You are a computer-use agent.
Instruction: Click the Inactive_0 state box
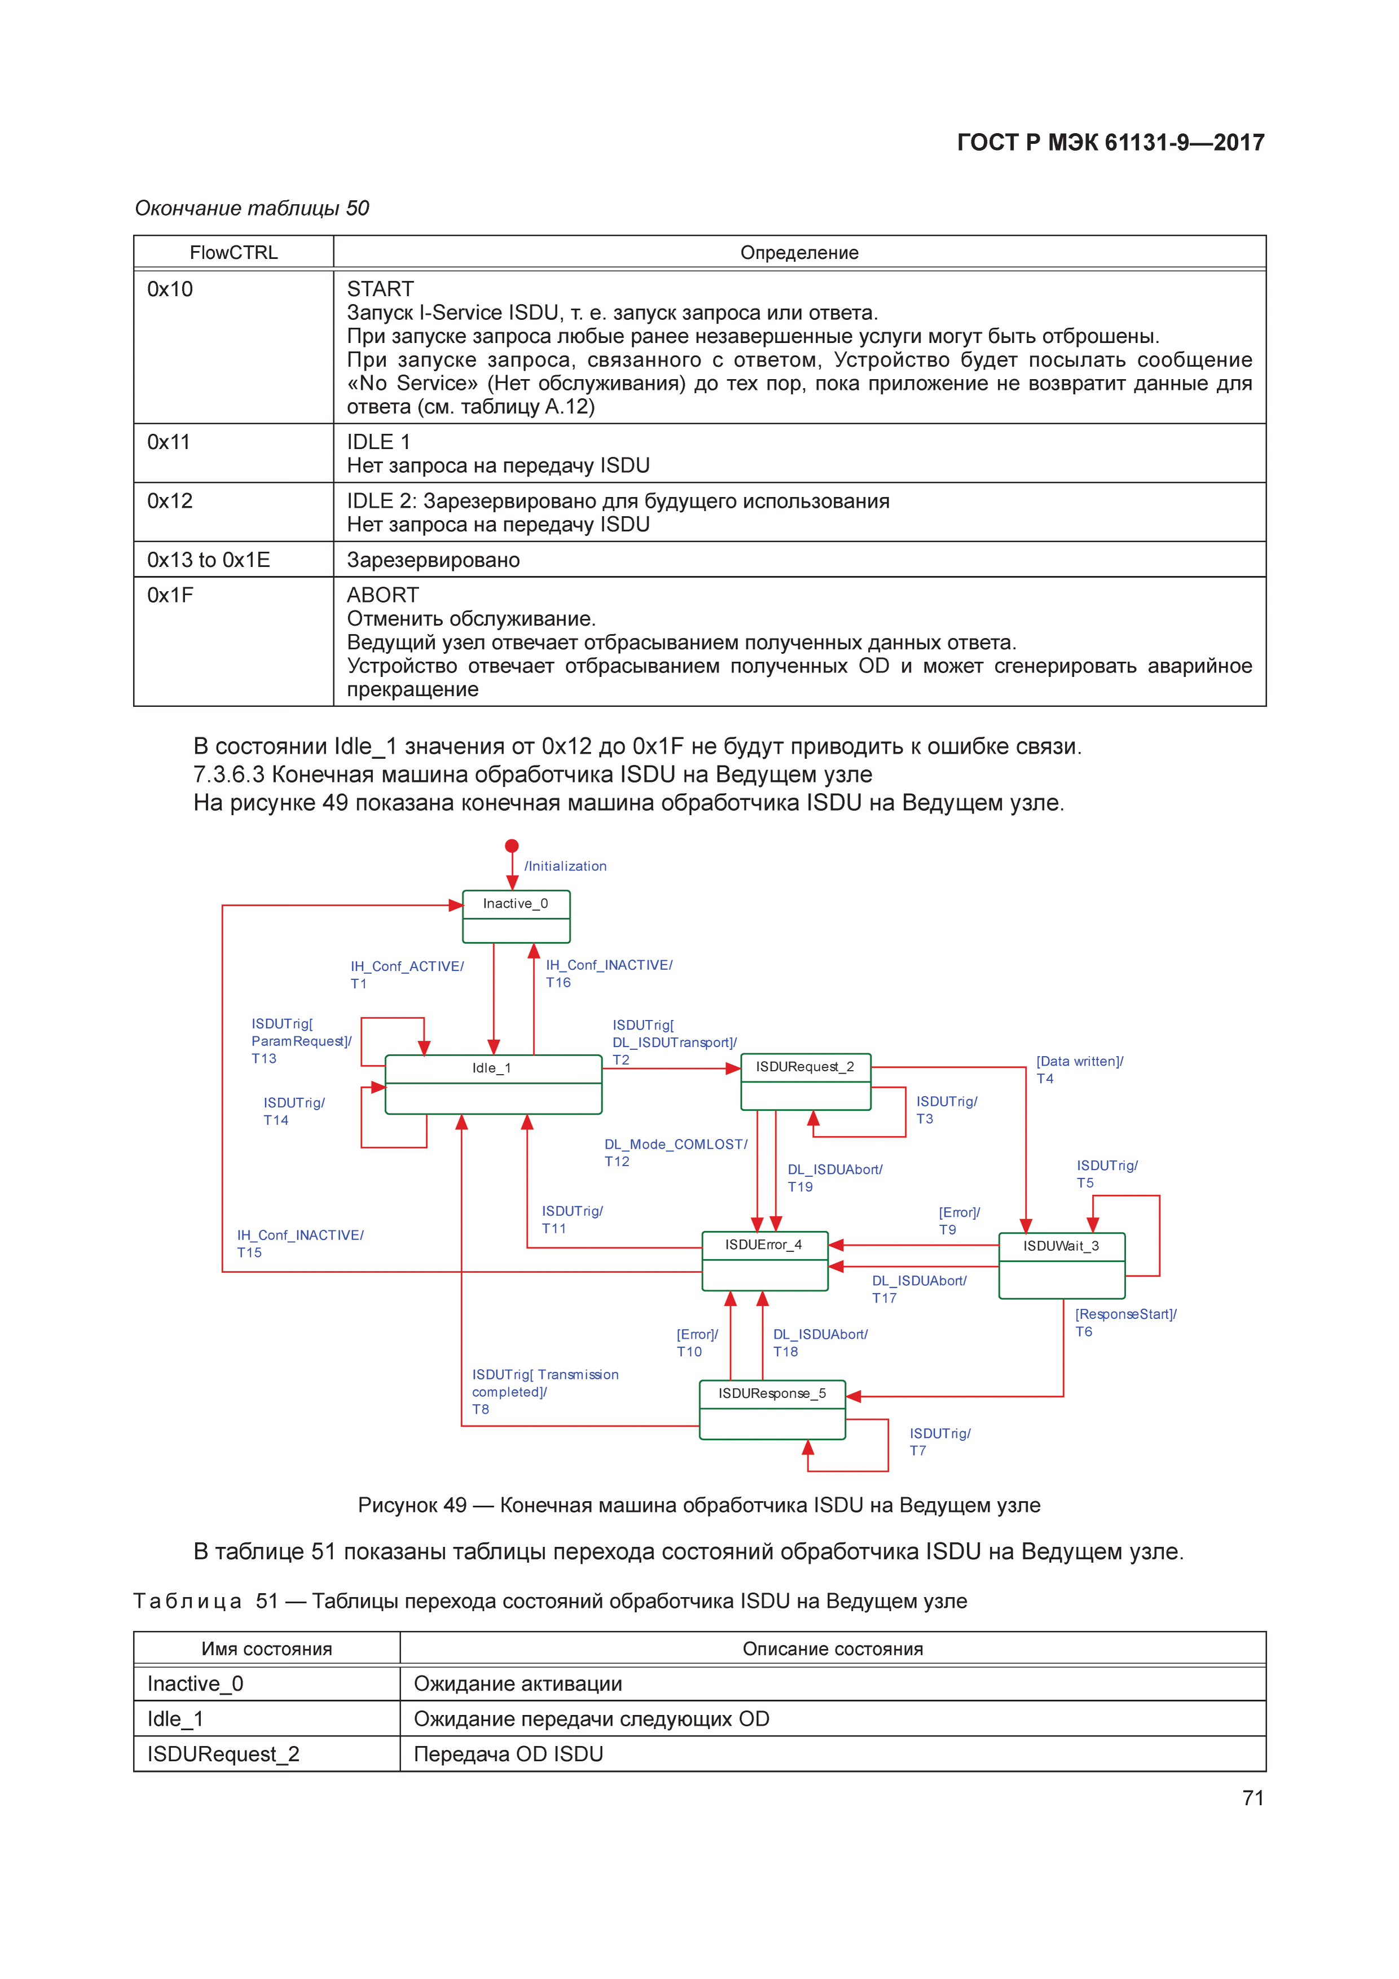pos(516,916)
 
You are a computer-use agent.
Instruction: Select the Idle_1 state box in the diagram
pos(492,1084)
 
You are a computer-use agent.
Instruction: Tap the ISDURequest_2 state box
pos(805,1081)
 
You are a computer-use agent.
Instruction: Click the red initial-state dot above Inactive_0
pos(512,846)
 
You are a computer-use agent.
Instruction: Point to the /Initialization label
pos(565,867)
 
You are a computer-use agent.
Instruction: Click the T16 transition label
pos(558,983)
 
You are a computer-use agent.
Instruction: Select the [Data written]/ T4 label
pos(1079,1070)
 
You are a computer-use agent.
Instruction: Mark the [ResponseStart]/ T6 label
pos(1125,1322)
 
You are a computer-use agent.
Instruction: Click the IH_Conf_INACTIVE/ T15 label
pos(300,1244)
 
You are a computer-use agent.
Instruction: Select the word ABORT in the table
pos(382,596)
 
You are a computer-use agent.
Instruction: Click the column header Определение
pos(799,253)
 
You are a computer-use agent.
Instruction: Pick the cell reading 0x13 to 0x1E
pos(209,560)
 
